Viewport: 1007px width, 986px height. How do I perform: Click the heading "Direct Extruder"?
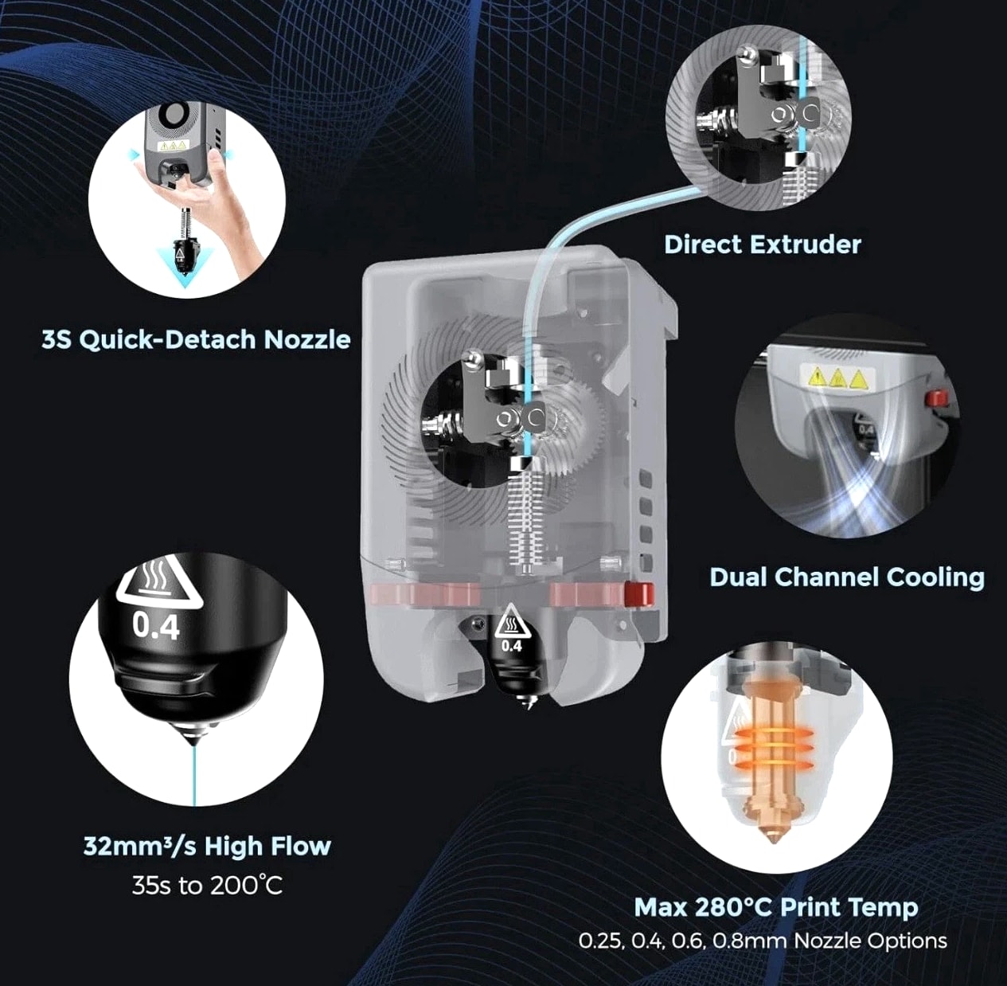point(763,245)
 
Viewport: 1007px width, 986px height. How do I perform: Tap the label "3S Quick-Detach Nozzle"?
point(196,340)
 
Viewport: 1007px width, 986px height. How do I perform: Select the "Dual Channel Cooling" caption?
point(846,577)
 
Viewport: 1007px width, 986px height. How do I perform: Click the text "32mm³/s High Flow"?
point(207,846)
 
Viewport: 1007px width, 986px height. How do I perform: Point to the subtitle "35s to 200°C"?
point(207,886)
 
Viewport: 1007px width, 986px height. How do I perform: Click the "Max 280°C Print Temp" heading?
point(776,907)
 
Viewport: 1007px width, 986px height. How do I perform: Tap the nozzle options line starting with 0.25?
point(763,940)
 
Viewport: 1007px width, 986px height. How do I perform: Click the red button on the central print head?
point(639,593)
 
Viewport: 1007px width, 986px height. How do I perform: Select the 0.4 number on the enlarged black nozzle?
point(155,626)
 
